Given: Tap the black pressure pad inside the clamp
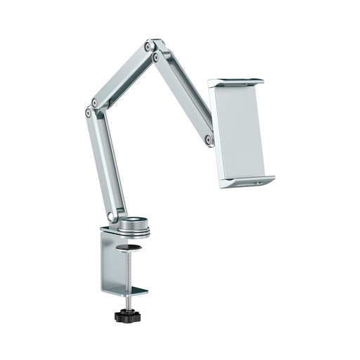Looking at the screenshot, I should click(x=131, y=247).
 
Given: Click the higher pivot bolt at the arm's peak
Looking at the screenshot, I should click(x=148, y=46).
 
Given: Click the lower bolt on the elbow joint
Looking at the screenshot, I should click(x=88, y=112).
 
